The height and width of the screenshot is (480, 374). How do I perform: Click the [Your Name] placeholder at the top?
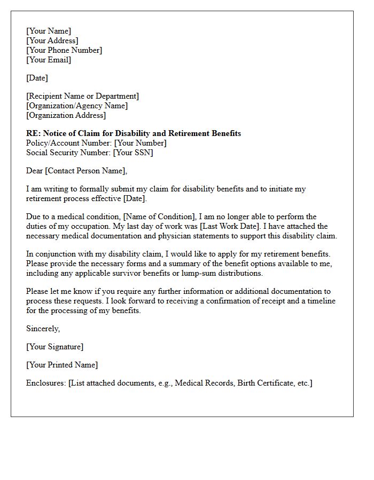(49, 31)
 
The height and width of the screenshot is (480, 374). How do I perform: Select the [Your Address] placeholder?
(52, 41)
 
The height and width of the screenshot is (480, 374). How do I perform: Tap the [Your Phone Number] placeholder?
(64, 50)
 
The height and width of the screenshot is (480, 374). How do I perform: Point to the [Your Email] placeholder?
(49, 60)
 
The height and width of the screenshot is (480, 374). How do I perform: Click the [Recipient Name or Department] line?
(82, 96)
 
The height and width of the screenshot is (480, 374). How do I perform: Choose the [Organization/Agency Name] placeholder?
(77, 106)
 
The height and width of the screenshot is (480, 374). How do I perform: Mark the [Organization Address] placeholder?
(66, 115)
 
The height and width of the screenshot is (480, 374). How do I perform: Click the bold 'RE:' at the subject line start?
(33, 133)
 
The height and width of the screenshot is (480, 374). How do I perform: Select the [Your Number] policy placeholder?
(140, 143)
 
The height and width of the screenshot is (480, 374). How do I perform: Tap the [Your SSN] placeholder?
(134, 153)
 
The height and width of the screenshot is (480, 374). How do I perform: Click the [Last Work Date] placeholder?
(232, 226)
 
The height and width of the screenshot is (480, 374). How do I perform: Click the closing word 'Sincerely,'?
(43, 329)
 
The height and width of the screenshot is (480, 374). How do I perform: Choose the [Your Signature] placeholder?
(54, 347)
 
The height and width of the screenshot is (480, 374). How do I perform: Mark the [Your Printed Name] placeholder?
(62, 365)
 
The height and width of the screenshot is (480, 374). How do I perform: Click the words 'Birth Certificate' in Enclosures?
(263, 383)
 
